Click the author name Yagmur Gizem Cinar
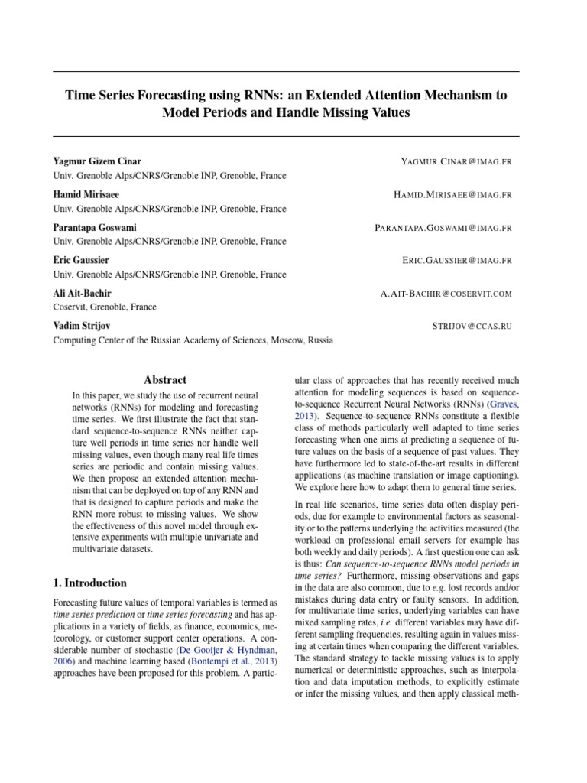(x=97, y=162)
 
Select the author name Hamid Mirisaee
(x=86, y=195)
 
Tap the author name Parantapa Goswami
(x=94, y=228)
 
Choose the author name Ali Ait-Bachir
(x=82, y=294)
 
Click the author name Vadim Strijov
(x=81, y=327)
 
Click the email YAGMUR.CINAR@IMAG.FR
(x=456, y=162)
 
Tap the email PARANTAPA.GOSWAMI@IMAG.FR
(x=443, y=228)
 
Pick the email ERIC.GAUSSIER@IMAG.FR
(x=456, y=261)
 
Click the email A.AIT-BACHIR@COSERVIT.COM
(x=446, y=294)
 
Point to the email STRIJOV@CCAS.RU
(x=472, y=327)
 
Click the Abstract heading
(x=165, y=380)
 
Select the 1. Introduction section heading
(x=90, y=583)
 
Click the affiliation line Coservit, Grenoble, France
(x=104, y=307)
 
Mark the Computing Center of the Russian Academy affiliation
(x=192, y=340)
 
